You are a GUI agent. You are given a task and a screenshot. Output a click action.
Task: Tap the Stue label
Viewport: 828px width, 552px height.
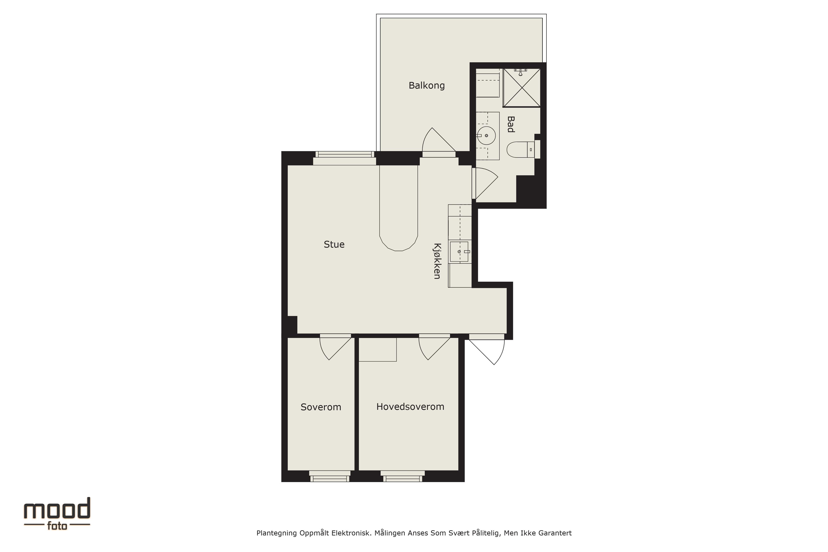334,244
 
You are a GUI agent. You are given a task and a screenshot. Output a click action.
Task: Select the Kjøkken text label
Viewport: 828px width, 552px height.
437,261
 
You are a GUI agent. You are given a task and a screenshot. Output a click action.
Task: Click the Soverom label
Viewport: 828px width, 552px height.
321,407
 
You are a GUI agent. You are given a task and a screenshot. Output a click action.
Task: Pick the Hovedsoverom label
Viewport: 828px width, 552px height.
410,407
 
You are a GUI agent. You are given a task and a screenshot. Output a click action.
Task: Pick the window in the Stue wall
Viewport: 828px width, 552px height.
345,158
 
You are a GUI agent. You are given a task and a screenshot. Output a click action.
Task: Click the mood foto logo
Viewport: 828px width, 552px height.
57,514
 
